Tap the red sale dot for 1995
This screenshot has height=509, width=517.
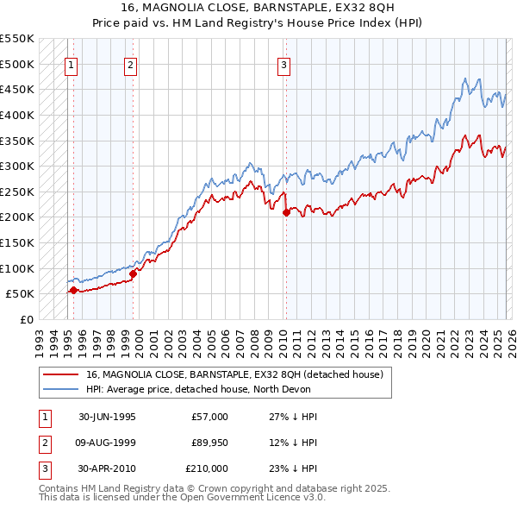point(73,291)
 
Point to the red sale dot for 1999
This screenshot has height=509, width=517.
point(133,273)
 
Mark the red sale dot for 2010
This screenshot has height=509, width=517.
point(286,212)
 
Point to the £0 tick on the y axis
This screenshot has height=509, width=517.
point(26,319)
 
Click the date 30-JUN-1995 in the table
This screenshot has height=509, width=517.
point(107,417)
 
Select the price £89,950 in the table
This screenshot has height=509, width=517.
point(209,443)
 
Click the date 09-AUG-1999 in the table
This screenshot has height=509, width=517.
point(107,443)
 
